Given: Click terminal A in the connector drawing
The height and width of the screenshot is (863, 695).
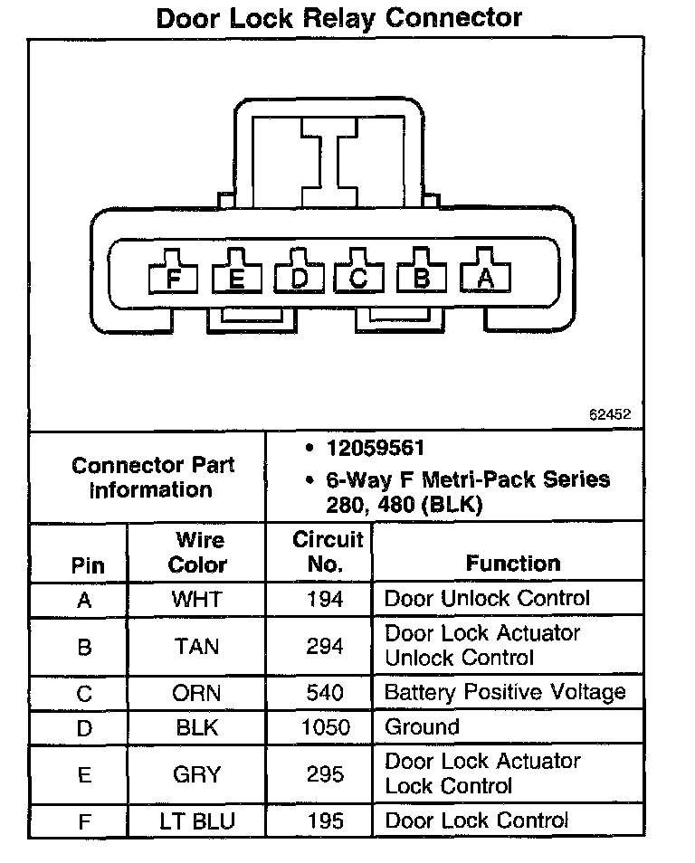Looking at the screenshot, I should pyautogui.click(x=486, y=278).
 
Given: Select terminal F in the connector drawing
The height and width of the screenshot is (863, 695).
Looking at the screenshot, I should pyautogui.click(x=175, y=278).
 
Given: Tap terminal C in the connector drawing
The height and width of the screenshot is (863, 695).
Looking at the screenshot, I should pyautogui.click(x=359, y=278).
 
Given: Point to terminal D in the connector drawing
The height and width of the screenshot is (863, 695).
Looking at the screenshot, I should pyautogui.click(x=299, y=278).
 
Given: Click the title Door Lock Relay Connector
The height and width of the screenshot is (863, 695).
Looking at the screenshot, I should pyautogui.click(x=339, y=18).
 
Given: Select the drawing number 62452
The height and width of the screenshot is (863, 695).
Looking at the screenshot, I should pyautogui.click(x=609, y=415).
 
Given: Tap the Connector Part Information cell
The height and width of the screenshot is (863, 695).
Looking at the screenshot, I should pyautogui.click(x=152, y=478).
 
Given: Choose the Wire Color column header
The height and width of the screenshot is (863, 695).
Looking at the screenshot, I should pyautogui.click(x=198, y=553).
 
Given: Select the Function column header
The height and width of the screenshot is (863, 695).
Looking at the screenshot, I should pyautogui.click(x=513, y=564).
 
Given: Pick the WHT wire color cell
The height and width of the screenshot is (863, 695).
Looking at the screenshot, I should pyautogui.click(x=196, y=599).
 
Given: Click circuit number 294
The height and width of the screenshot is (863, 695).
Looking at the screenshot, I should pyautogui.click(x=325, y=646).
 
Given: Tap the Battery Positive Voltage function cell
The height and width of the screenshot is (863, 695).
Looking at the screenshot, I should pyautogui.click(x=505, y=693).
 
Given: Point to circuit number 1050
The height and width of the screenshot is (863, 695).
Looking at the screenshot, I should pyautogui.click(x=325, y=727).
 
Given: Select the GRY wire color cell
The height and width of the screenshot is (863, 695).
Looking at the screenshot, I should pyautogui.click(x=196, y=774).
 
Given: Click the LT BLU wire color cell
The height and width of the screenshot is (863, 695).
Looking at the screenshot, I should pyautogui.click(x=196, y=821).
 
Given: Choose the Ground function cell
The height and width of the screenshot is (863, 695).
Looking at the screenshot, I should pyautogui.click(x=422, y=727).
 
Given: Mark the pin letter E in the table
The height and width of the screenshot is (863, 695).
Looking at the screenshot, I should pyautogui.click(x=84, y=774).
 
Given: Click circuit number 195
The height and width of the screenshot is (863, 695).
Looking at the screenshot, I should pyautogui.click(x=325, y=821).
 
